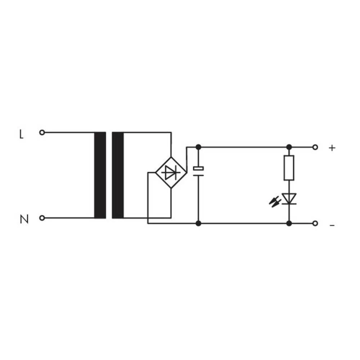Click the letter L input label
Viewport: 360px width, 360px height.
pyautogui.click(x=21, y=135)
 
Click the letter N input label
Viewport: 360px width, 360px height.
pyautogui.click(x=24, y=219)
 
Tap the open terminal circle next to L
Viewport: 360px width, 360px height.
pyautogui.click(x=42, y=132)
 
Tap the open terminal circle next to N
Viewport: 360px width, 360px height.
pyautogui.click(x=42, y=218)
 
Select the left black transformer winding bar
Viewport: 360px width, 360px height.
pyautogui.click(x=100, y=175)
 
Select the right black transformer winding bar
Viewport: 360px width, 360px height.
pyautogui.click(x=118, y=175)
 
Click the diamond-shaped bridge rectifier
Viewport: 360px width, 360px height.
pyautogui.click(x=171, y=172)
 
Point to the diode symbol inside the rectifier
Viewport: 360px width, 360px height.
pyautogui.click(x=171, y=173)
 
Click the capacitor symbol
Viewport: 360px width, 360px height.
pyautogui.click(x=198, y=171)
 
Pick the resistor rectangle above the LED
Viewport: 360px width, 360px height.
pyautogui.click(x=289, y=168)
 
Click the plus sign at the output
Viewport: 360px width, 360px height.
pyautogui.click(x=332, y=148)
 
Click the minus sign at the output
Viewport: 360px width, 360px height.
pyautogui.click(x=332, y=225)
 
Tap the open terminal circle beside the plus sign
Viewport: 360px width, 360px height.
pyautogui.click(x=315, y=147)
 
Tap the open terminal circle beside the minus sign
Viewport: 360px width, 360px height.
pyautogui.click(x=315, y=224)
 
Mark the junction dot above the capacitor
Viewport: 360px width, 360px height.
pyautogui.click(x=198, y=147)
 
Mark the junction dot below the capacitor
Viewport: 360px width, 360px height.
pyautogui.click(x=198, y=224)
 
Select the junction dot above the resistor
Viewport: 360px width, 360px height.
pyautogui.click(x=289, y=147)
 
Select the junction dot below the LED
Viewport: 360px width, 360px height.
pyautogui.click(x=289, y=224)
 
